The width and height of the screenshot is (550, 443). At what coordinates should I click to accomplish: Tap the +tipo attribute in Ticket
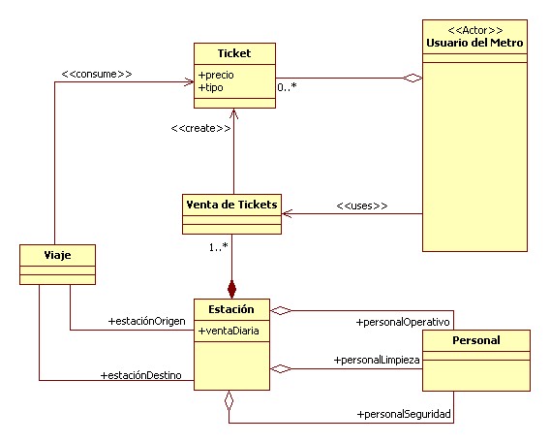click(213, 87)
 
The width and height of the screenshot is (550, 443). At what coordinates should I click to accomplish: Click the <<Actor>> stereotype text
click(474, 29)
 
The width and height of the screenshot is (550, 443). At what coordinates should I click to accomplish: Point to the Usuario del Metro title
click(474, 43)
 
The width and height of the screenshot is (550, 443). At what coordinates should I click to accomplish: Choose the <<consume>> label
click(96, 72)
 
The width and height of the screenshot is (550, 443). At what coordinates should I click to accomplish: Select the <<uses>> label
click(361, 206)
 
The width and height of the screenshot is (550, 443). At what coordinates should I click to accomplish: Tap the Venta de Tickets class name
click(231, 204)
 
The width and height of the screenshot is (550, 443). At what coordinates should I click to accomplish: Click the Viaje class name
click(58, 254)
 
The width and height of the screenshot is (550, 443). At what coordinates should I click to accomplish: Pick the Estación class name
click(230, 309)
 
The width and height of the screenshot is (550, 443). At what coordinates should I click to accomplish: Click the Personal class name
click(475, 340)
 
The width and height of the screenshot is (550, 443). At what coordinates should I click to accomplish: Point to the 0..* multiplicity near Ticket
click(287, 88)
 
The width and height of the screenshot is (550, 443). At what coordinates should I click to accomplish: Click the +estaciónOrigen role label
click(145, 321)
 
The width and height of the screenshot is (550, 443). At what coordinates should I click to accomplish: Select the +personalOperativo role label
click(402, 321)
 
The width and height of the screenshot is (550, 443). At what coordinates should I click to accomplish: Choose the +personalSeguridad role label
click(403, 415)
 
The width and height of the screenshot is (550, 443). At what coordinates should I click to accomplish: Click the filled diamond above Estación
click(231, 288)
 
